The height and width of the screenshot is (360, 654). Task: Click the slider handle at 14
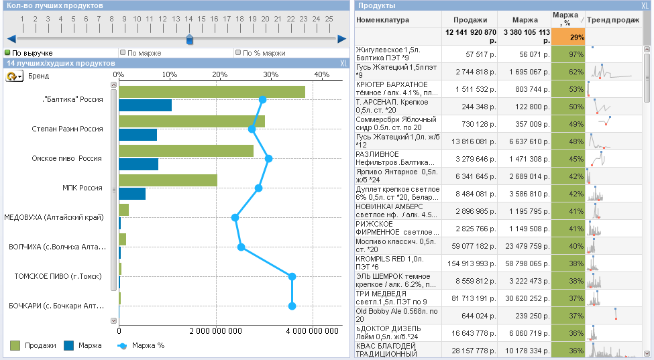(x=189, y=39)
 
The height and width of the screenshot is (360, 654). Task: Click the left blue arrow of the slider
(x=11, y=39)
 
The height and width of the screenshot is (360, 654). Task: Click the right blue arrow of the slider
(x=342, y=39)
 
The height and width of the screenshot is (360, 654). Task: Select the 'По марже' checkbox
(x=123, y=52)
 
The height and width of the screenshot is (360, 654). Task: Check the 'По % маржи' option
(x=238, y=52)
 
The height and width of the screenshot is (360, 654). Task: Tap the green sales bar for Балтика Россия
(x=212, y=92)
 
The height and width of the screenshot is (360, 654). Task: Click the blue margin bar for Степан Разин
(x=138, y=135)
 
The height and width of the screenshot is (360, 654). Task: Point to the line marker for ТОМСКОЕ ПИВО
(x=292, y=276)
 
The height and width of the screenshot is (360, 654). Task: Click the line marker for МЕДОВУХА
(x=235, y=217)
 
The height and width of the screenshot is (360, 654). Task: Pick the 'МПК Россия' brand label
(x=82, y=188)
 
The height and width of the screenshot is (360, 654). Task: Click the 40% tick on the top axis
(x=321, y=75)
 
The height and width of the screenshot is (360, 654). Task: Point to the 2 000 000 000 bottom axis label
(x=215, y=331)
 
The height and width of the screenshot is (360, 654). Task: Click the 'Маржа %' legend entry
(x=141, y=345)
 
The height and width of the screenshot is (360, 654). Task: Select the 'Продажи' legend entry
(x=33, y=345)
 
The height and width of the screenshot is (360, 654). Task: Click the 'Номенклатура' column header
(x=382, y=20)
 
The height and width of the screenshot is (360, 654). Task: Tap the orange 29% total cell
(x=568, y=37)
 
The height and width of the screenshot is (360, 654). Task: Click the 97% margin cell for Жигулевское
(x=568, y=54)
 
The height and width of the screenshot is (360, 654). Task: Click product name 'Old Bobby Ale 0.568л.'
(x=396, y=311)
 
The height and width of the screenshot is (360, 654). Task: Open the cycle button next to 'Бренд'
(x=14, y=76)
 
